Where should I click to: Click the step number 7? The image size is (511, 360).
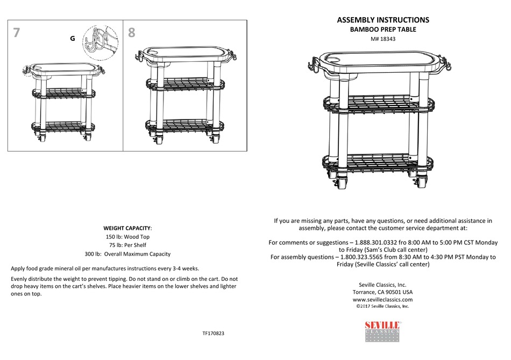point(17,33)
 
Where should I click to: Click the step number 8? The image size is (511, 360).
point(132,33)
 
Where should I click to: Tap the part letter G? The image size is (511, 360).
point(72,39)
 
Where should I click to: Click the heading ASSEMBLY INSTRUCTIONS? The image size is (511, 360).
point(382,20)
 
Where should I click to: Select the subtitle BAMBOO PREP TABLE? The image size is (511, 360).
point(382,30)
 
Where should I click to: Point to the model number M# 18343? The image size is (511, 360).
point(382,39)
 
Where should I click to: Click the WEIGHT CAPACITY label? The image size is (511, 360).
point(127,228)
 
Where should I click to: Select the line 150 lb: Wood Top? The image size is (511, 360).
point(127,237)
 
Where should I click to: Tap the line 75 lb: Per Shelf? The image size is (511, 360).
point(127,245)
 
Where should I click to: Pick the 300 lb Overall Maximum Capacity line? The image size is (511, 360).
point(127,254)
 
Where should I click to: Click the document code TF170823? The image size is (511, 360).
point(213,334)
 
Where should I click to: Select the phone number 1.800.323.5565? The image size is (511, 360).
point(365,257)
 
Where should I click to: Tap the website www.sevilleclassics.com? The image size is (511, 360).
point(382,300)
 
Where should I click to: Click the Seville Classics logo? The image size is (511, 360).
point(382,331)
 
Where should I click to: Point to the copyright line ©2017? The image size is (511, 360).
point(382,306)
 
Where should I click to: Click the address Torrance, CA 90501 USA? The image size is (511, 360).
point(382,292)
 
